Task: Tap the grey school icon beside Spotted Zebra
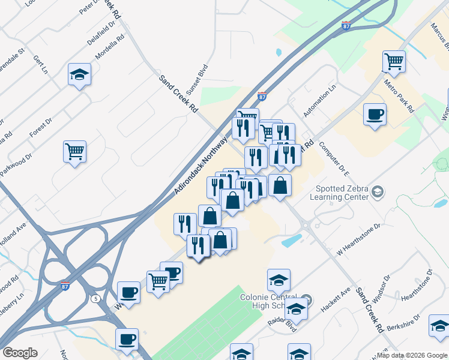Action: (378, 191)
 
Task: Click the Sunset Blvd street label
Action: (196, 80)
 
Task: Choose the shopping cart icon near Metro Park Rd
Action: (394, 61)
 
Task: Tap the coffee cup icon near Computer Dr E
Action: (375, 113)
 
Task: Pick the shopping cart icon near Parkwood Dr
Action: (75, 151)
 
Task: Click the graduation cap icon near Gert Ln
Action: (79, 74)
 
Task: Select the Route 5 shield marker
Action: (95, 298)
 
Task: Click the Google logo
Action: (20, 353)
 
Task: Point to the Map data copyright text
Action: (411, 355)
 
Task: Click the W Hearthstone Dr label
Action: (359, 240)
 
